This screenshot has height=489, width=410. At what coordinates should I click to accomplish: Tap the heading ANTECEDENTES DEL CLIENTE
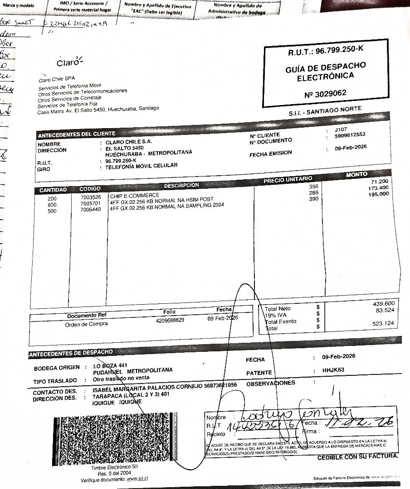click(77, 134)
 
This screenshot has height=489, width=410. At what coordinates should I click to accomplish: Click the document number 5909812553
click(350, 135)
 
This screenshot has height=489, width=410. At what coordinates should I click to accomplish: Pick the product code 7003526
click(91, 198)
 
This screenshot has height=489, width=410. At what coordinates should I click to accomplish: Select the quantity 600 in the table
click(52, 205)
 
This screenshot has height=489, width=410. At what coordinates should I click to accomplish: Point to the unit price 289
click(313, 193)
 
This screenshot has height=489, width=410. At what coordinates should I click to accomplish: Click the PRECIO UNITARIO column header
click(288, 180)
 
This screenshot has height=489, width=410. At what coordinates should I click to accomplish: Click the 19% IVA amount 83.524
click(385, 310)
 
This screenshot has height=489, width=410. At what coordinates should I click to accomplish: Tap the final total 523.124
click(383, 323)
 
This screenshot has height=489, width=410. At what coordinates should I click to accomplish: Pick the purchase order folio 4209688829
click(170, 320)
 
